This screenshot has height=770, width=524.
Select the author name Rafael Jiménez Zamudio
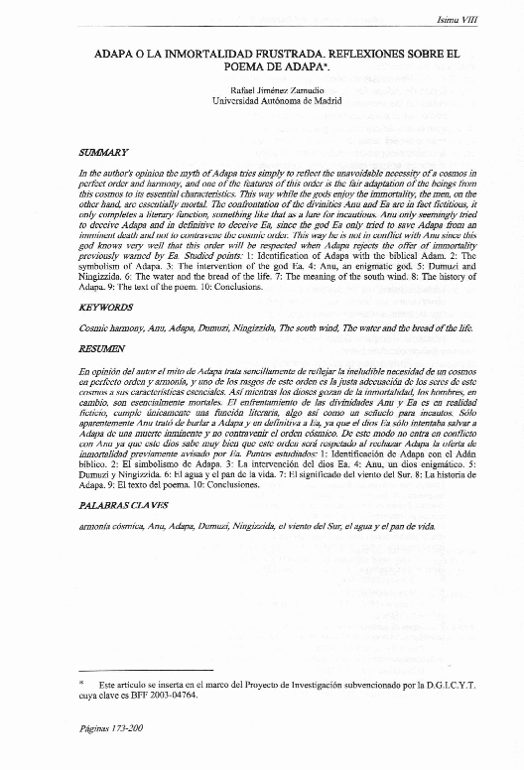pyautogui.click(x=261, y=88)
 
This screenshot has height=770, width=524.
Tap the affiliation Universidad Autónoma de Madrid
pyautogui.click(x=262, y=101)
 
